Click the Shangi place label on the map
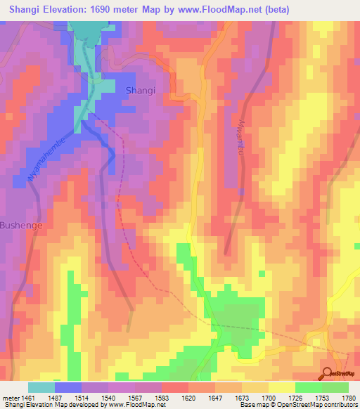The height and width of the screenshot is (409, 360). point(140,90)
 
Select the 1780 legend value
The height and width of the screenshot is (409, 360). point(347,398)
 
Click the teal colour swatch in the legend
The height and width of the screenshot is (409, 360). point(41,387)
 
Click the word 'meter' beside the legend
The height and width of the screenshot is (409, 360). point(11,398)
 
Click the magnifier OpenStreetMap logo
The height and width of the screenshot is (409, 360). point(328,372)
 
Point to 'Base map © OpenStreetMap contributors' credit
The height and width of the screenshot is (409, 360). point(298,405)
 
